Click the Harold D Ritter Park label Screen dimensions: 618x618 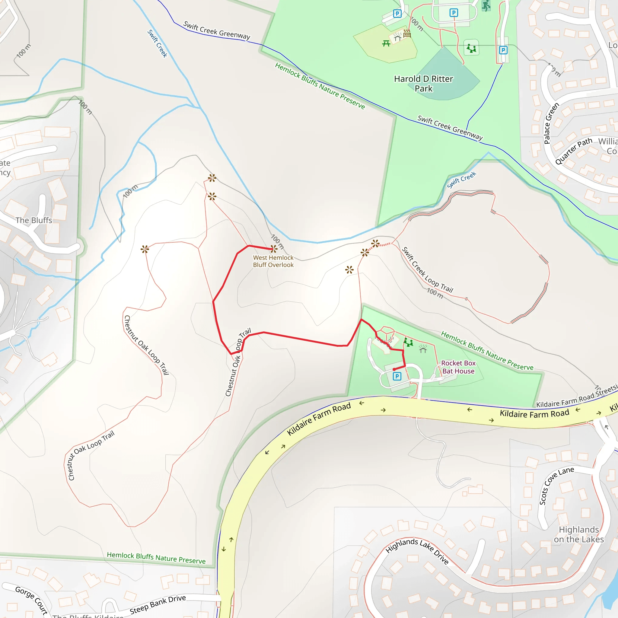423,84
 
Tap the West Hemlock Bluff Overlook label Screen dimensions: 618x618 273,261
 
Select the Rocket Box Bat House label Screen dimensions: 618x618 458,367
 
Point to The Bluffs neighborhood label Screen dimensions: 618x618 33,220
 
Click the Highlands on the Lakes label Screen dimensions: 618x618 579,534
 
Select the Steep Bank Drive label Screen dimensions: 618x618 158,604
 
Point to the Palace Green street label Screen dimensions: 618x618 552,123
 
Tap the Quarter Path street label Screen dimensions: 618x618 574,151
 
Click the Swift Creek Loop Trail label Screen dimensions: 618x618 427,270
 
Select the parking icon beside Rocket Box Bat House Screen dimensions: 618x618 397,376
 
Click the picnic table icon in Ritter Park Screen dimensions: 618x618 386,43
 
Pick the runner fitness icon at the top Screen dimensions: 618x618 486,6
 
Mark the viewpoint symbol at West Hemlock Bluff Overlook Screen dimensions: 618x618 274,249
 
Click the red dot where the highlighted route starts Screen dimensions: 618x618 394,369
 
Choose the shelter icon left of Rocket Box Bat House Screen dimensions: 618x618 423,349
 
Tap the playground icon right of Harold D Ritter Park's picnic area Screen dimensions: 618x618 471,48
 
